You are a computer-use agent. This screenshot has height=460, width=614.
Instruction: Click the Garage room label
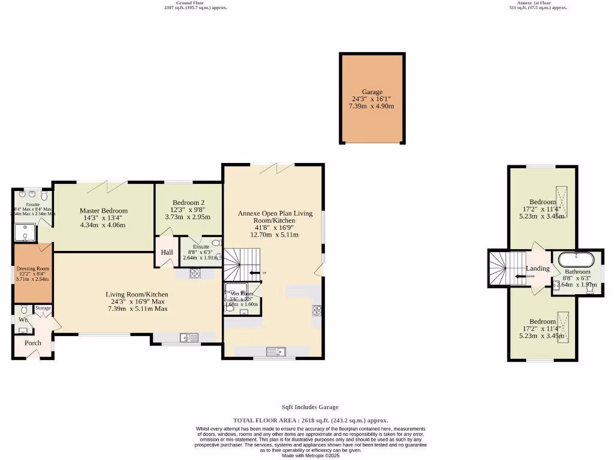372,92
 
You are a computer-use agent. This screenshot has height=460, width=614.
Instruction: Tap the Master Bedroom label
104,211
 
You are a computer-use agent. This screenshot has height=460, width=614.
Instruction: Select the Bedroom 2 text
188,202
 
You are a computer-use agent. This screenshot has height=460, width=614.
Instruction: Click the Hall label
167,252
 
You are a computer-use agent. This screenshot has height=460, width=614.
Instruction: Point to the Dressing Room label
33,269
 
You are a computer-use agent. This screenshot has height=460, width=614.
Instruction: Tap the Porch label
32,343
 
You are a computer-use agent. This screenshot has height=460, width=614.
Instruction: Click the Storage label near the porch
43,308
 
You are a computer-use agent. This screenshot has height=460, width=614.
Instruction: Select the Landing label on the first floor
537,268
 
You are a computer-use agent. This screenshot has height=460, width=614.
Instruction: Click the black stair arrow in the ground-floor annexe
256,273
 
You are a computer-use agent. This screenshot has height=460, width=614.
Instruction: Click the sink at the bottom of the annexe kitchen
278,351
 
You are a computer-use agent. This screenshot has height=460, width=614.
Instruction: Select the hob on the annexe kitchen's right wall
317,310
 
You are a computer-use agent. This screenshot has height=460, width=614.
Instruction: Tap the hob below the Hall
195,273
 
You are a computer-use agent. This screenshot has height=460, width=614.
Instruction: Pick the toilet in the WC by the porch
24,310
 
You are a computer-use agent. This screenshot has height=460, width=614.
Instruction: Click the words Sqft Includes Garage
310,407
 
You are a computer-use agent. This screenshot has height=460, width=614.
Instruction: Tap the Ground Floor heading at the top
189,2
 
